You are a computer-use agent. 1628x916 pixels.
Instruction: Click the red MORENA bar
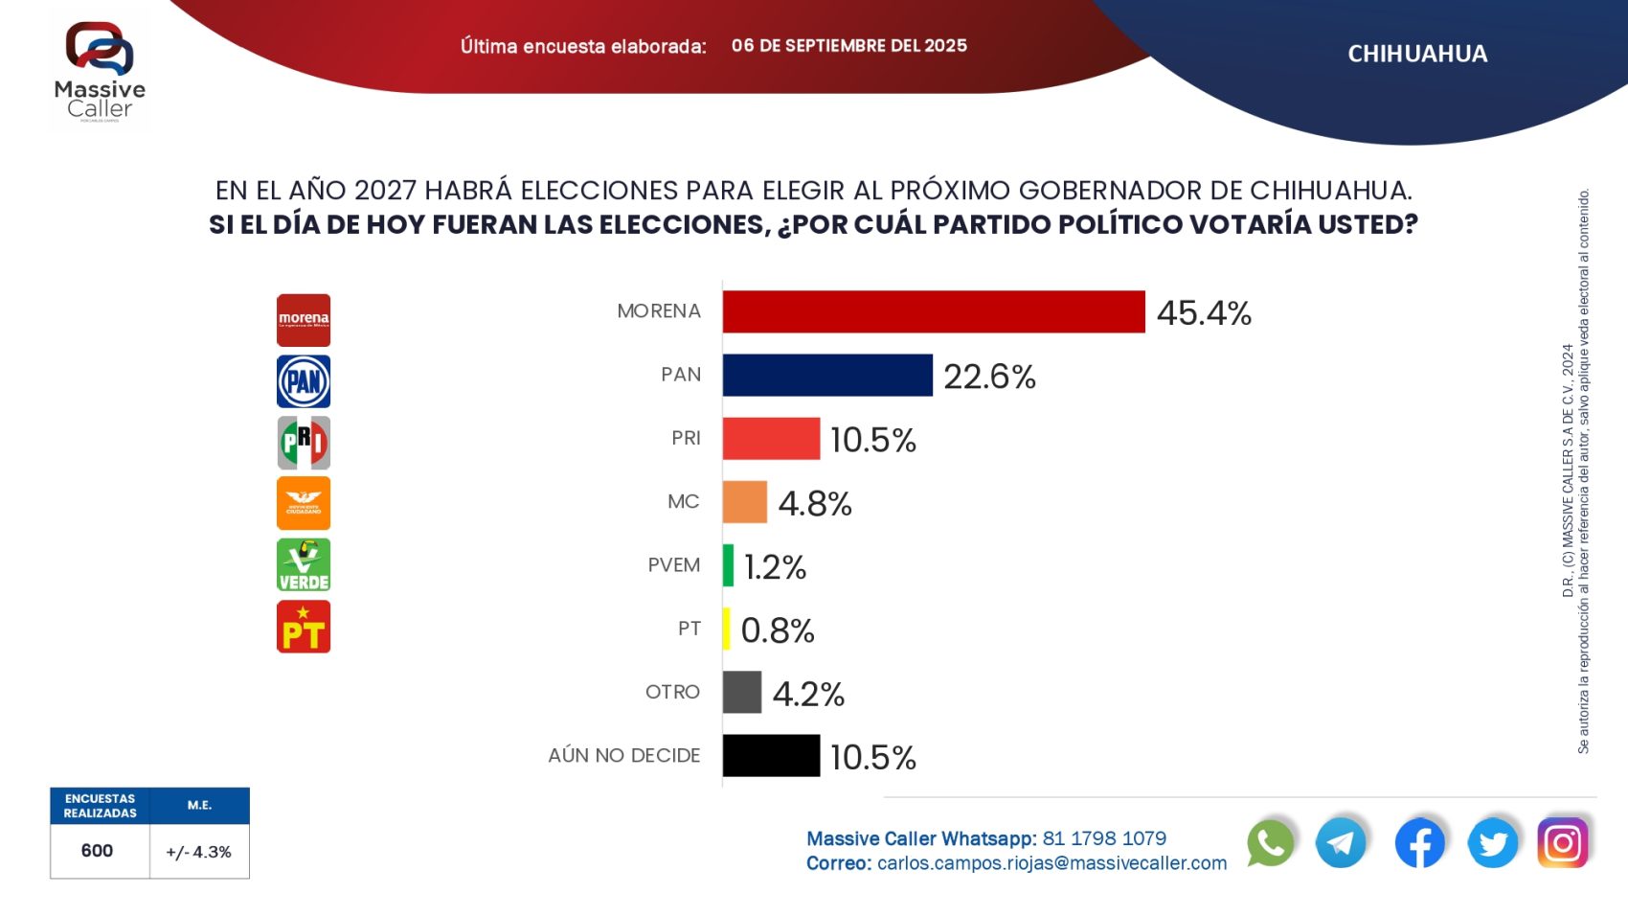pyautogui.click(x=934, y=312)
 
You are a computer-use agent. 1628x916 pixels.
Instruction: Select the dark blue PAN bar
pyautogui.click(x=827, y=376)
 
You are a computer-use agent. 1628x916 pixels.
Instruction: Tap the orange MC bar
pyautogui.click(x=745, y=502)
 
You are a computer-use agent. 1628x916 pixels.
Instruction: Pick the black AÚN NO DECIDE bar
pyautogui.click(x=771, y=756)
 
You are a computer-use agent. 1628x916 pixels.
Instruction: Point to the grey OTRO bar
pyautogui.click(x=742, y=692)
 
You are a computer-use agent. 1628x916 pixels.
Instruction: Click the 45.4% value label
pyautogui.click(x=1204, y=313)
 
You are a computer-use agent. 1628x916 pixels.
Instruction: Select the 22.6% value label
pyautogui.click(x=989, y=377)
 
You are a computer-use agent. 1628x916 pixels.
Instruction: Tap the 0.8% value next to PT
pyautogui.click(x=778, y=630)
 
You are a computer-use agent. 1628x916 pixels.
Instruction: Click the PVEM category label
pyautogui.click(x=673, y=565)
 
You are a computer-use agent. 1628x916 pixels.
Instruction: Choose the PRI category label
pyautogui.click(x=686, y=438)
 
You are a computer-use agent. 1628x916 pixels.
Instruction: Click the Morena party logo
pyautogui.click(x=304, y=320)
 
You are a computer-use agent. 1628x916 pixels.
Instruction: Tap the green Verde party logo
pyautogui.click(x=304, y=564)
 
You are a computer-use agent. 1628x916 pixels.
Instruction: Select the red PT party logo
pyautogui.click(x=304, y=627)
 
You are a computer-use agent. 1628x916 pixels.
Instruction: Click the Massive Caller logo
pyautogui.click(x=100, y=71)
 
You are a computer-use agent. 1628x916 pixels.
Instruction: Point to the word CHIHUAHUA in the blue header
pyautogui.click(x=1417, y=54)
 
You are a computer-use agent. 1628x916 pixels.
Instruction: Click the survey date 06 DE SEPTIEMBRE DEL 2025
pyautogui.click(x=848, y=46)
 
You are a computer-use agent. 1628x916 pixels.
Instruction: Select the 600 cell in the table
pyautogui.click(x=98, y=851)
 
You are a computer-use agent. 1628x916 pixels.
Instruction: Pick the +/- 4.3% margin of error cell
pyautogui.click(x=199, y=852)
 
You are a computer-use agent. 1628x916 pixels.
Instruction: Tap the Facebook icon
pyautogui.click(x=1419, y=843)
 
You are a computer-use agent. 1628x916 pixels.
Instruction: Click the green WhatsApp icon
pyautogui.click(x=1270, y=843)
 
